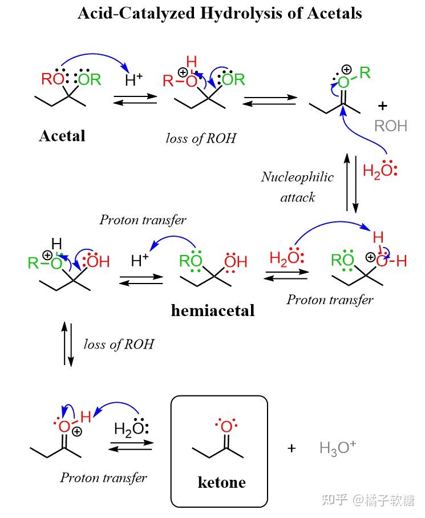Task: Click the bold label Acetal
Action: click(62, 136)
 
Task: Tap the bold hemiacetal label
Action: click(213, 310)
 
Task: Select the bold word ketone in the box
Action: click(221, 482)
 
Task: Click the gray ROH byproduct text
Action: click(391, 126)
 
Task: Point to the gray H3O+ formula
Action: click(338, 448)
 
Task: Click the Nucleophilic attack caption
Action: click(298, 187)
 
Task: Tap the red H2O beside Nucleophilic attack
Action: click(380, 171)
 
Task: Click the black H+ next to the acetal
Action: click(134, 80)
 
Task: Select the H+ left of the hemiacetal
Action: click(140, 260)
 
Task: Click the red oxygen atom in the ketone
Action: click(226, 426)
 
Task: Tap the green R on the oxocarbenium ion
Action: click(365, 72)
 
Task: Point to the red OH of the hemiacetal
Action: click(236, 261)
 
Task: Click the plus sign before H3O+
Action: click(292, 448)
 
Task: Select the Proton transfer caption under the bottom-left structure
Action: click(103, 477)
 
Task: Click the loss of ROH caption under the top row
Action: click(201, 139)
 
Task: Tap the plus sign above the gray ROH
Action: click(382, 106)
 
